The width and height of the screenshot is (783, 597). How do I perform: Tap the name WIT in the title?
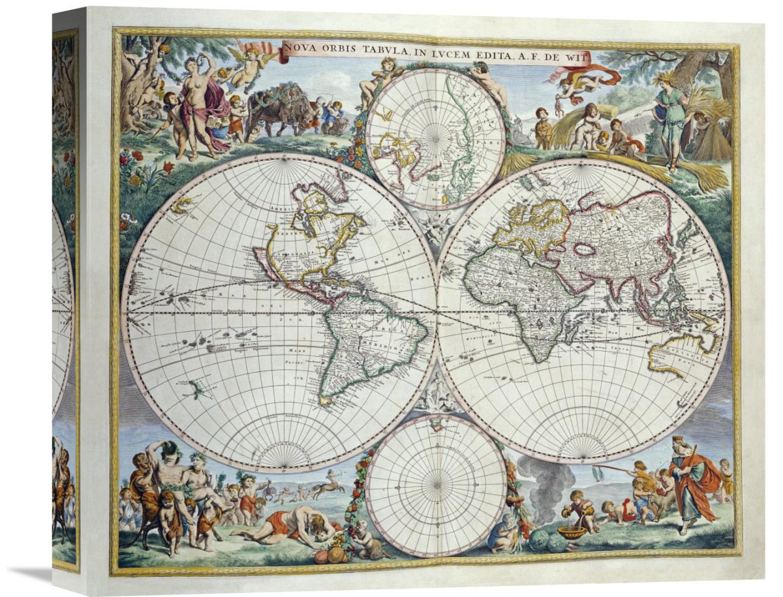[577, 57]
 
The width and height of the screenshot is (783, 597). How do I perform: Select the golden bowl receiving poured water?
[572, 532]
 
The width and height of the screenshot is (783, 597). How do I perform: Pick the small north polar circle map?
[435, 138]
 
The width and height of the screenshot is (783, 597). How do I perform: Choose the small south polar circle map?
[435, 485]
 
